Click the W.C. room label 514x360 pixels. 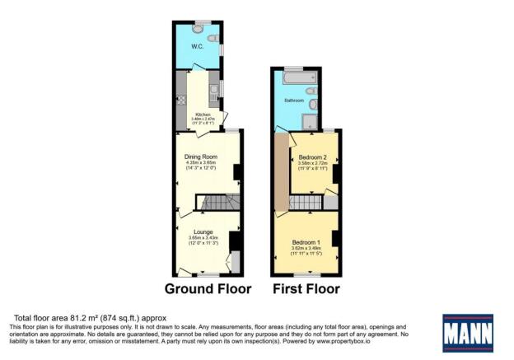pyautogui.click(x=198, y=46)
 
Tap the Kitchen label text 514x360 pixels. pyautogui.click(x=202, y=115)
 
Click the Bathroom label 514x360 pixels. pyautogui.click(x=294, y=101)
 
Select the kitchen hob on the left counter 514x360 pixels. pyautogui.click(x=180, y=85)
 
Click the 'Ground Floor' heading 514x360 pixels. pyautogui.click(x=208, y=289)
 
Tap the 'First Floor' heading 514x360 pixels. pyautogui.click(x=306, y=289)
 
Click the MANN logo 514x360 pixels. pyautogui.click(x=469, y=332)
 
